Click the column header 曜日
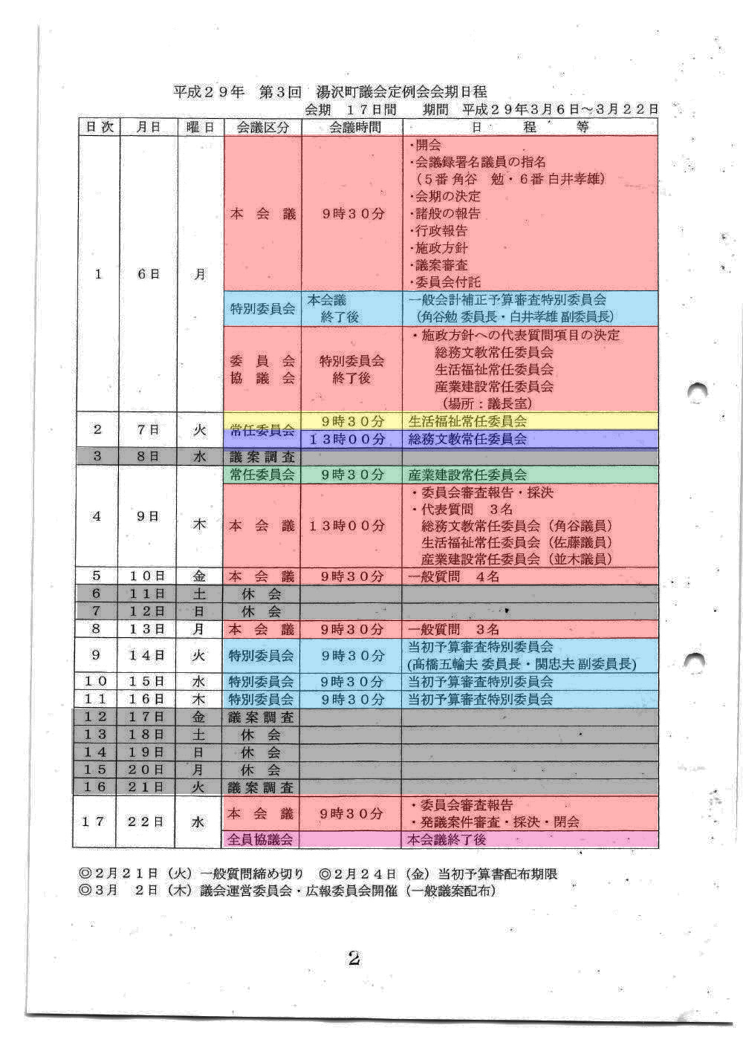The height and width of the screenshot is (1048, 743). click(200, 127)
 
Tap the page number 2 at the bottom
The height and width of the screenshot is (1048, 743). click(354, 958)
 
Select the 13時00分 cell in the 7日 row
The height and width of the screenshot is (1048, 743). click(351, 439)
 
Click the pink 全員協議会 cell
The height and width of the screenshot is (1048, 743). click(261, 839)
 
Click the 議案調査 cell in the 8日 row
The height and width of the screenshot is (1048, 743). click(262, 457)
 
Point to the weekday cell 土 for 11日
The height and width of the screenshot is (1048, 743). click(200, 594)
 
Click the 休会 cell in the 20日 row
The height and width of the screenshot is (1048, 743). click(261, 770)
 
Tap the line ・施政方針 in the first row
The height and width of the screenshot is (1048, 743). click(440, 248)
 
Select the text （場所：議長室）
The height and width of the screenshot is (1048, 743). click(487, 403)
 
